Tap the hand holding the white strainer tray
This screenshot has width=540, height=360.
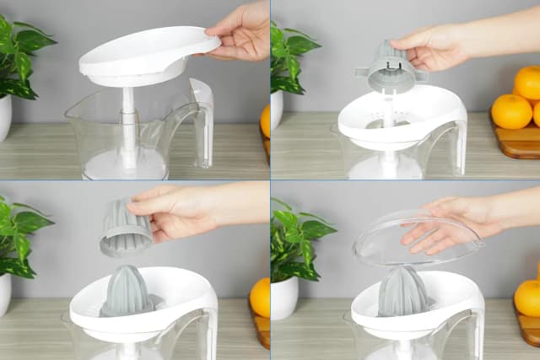(240, 32)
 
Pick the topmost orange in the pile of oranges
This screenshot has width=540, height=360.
(530, 82)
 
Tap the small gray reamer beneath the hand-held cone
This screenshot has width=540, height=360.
(127, 292)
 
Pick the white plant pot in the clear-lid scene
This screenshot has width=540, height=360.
(284, 298)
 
